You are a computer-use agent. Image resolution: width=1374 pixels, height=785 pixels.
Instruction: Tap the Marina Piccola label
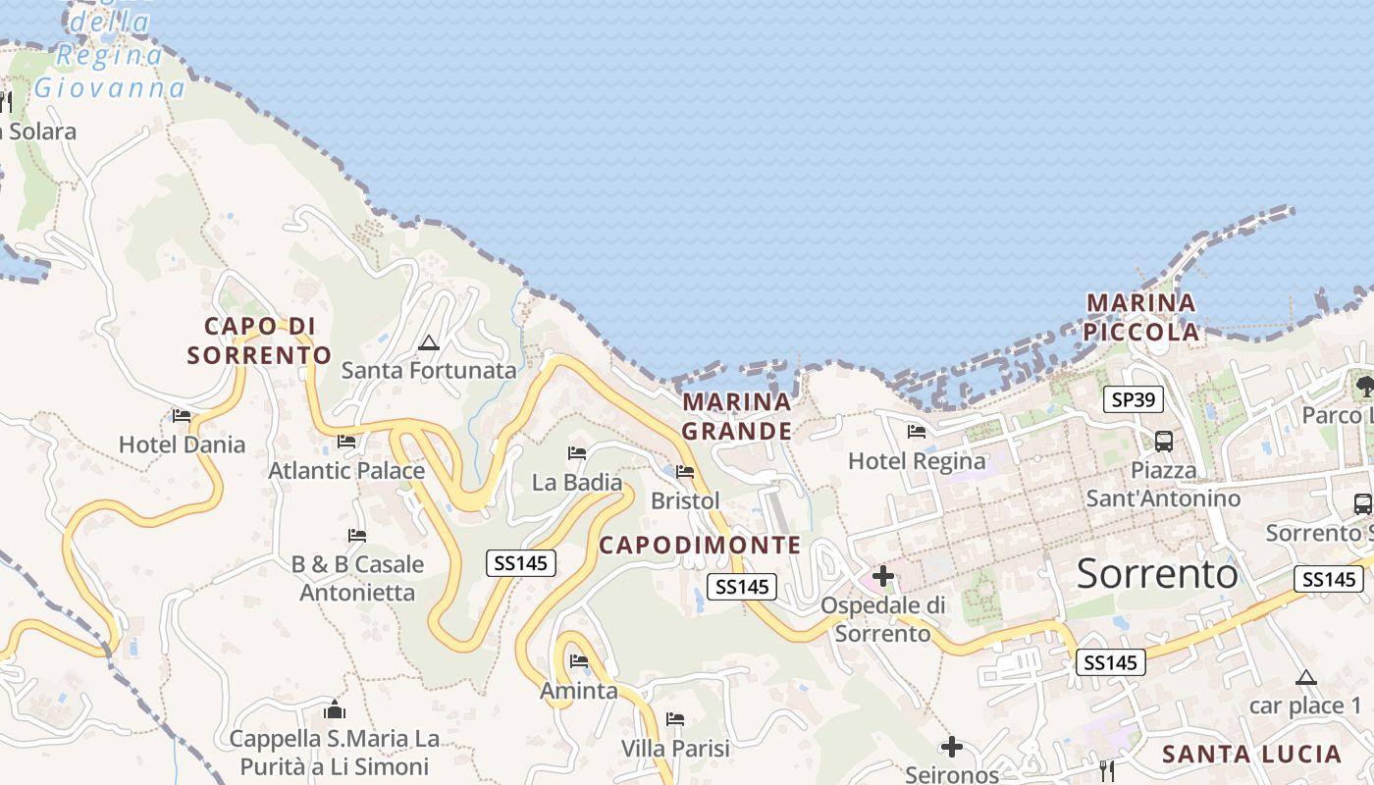[x=1141, y=317]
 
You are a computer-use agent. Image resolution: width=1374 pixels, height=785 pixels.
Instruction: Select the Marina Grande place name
[x=737, y=416]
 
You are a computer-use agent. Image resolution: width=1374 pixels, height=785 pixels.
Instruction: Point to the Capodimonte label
[x=700, y=545]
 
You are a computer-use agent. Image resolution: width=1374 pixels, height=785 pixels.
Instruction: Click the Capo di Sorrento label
[x=259, y=340]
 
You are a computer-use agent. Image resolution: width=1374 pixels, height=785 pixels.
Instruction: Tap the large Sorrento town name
[x=1157, y=573]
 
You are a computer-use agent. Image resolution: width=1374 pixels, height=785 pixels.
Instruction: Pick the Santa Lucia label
[x=1251, y=754]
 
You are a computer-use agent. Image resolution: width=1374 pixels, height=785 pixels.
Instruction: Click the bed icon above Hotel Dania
[x=182, y=416]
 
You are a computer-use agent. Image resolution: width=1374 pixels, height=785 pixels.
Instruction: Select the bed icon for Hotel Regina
[x=917, y=431]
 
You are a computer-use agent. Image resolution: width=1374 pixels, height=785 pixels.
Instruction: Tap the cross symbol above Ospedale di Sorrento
[x=883, y=576]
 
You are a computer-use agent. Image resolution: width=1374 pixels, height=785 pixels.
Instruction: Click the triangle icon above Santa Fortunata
[x=428, y=342]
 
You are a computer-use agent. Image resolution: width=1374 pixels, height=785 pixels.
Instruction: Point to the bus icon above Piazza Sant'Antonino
[x=1164, y=441]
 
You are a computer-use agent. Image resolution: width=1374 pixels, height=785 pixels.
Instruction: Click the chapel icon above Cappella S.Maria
[x=335, y=709]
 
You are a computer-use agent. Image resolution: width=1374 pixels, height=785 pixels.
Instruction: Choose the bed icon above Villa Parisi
[x=675, y=719]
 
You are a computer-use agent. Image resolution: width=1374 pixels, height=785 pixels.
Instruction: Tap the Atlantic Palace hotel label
[x=346, y=471]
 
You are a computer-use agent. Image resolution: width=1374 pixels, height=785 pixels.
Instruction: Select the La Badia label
[x=577, y=482]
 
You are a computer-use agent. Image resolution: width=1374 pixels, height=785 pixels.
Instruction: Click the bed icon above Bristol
[x=685, y=472]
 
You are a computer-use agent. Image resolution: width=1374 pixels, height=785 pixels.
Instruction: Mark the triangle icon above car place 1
[x=1305, y=677]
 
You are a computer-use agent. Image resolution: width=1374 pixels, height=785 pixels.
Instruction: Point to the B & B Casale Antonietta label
[x=357, y=578]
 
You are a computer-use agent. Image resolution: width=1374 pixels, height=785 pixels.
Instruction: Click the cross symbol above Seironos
[x=951, y=748]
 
